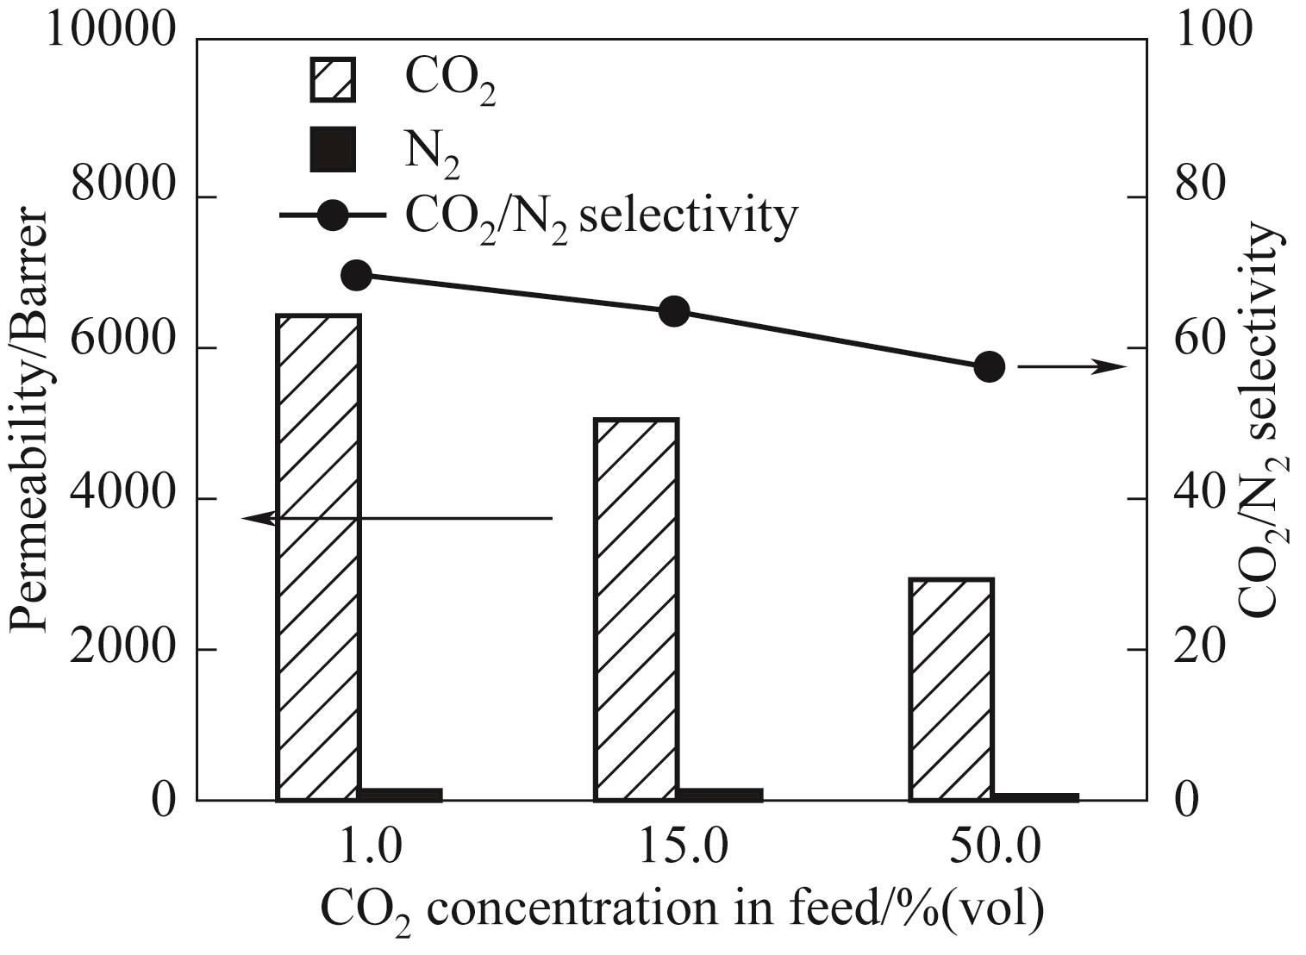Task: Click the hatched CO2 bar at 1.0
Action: click(318, 558)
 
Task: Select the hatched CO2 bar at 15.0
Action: click(636, 609)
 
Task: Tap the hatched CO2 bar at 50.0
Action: click(952, 690)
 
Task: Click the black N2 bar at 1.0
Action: click(401, 795)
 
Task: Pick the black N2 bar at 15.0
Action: click(720, 795)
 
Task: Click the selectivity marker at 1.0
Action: click(357, 275)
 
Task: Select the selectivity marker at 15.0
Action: click(674, 312)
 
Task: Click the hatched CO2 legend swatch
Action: click(333, 80)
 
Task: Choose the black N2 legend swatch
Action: click(333, 149)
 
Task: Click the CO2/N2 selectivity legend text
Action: click(602, 217)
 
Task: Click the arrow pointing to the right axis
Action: click(1072, 367)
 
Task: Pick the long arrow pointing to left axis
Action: click(397, 518)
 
